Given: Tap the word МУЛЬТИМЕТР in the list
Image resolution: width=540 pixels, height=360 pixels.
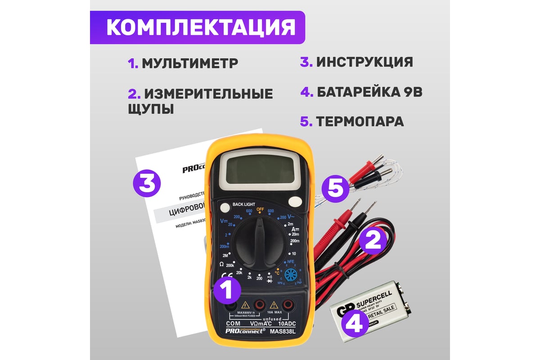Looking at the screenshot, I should [189, 63].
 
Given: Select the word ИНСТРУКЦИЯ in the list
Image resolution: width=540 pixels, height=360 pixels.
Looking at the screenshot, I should [364, 62].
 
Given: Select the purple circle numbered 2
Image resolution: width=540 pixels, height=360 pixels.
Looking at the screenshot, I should [372, 241].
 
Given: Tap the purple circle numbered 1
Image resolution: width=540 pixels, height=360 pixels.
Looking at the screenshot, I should [228, 288].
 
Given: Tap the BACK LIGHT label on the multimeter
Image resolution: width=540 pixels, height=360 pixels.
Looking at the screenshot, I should [244, 205].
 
